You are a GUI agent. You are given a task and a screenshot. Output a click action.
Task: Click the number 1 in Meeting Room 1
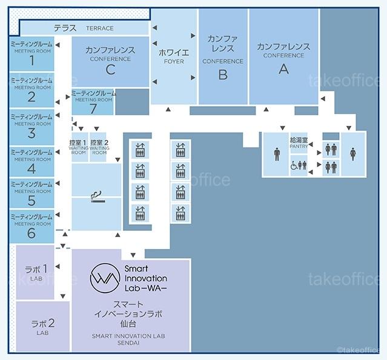[31, 61]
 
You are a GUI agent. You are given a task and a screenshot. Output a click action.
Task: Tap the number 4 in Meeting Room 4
[31, 169]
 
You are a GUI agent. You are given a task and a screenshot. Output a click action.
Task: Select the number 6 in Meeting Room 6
[31, 233]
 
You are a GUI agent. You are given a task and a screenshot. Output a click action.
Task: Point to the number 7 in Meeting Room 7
[93, 108]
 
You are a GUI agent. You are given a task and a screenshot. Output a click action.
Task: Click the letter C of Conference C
[110, 70]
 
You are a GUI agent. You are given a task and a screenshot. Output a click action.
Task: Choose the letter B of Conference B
[222, 75]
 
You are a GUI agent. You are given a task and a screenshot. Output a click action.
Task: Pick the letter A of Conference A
[283, 68]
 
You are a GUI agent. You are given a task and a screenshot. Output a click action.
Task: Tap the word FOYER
[173, 61]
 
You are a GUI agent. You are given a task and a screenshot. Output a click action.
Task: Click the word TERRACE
[99, 28]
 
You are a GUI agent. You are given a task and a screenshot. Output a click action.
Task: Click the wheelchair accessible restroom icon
[294, 165]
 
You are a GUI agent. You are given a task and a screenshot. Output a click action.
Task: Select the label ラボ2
[43, 323]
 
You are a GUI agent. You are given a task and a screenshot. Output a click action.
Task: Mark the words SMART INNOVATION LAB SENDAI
[128, 339]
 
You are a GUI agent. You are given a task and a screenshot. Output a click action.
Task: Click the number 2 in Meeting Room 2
[31, 96]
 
